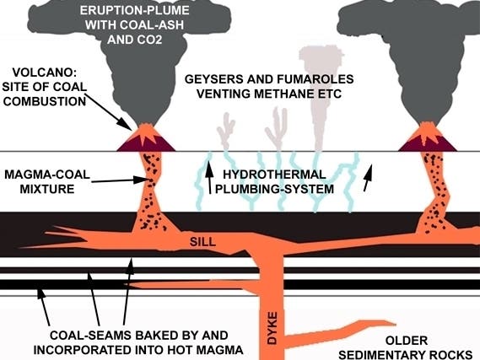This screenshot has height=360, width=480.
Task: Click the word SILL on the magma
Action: [202, 242]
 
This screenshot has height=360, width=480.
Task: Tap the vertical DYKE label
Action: [272, 328]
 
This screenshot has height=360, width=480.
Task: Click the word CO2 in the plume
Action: [149, 40]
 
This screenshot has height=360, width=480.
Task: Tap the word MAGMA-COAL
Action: [47, 175]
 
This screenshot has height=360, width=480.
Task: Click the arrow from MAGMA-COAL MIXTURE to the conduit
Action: [117, 180]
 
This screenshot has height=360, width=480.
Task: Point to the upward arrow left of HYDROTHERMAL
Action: [209, 177]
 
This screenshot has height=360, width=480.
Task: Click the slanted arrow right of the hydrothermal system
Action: [368, 178]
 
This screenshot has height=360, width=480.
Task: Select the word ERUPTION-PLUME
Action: [134, 10]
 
